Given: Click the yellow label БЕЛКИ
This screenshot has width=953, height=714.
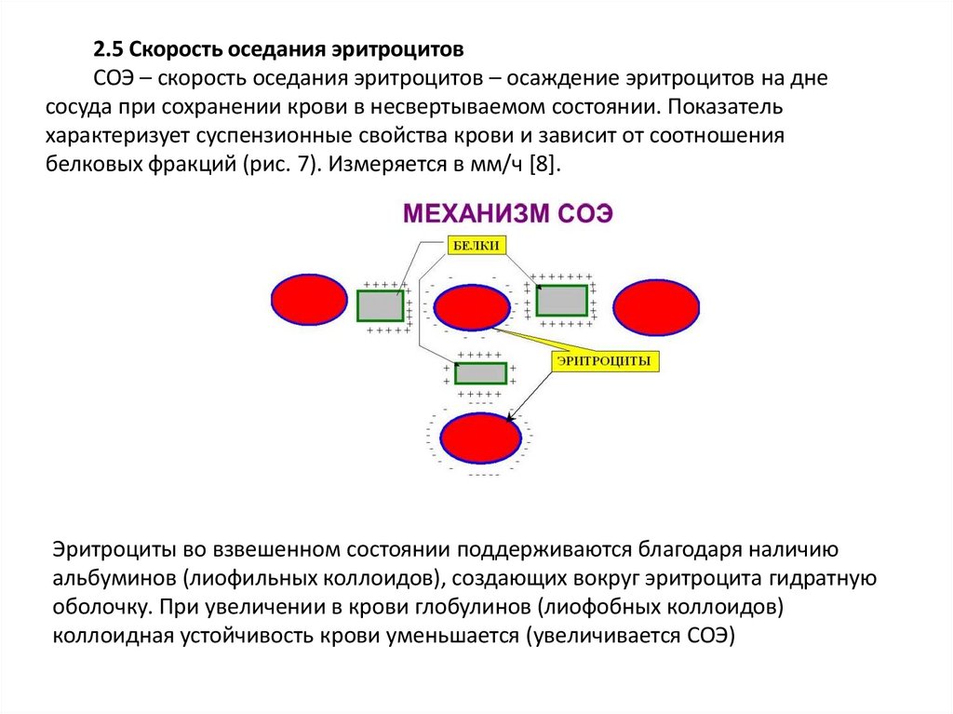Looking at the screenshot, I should tap(476, 246).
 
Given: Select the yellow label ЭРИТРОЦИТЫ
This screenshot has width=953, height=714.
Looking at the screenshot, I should tap(606, 361).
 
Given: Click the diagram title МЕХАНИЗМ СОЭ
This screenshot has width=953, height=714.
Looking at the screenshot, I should tap(507, 213).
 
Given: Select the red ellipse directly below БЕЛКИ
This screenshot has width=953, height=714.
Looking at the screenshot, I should tap(472, 308).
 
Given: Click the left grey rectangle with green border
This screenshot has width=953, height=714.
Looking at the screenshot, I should tap(380, 305).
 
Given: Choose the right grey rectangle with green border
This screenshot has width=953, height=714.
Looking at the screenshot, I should tap(561, 300).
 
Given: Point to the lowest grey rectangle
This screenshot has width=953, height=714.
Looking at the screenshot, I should tap(480, 373).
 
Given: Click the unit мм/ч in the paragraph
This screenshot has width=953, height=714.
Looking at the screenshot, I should tap(495, 164).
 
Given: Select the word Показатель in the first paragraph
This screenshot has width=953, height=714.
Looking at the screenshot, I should tap(718, 106).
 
